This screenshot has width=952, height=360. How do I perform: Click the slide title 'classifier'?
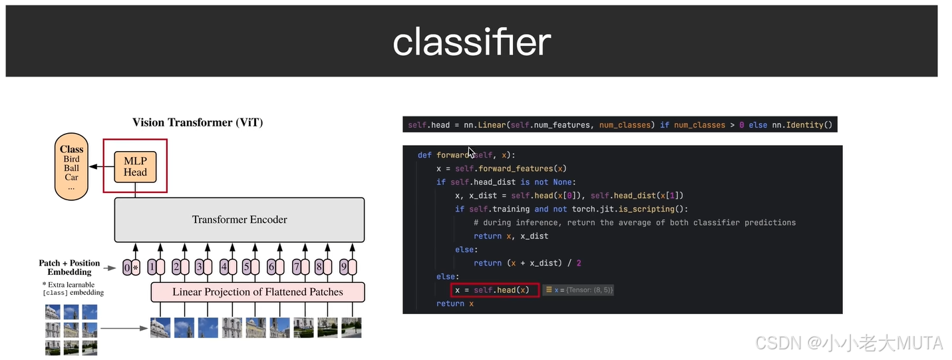pos(472,42)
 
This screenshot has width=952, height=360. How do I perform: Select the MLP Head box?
pos(135,166)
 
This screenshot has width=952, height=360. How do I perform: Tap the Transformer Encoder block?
pos(239,220)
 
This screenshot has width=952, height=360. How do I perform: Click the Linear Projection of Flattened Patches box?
pos(257,292)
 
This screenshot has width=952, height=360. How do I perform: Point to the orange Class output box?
pos(72,168)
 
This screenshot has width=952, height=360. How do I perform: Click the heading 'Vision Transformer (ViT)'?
pos(198,122)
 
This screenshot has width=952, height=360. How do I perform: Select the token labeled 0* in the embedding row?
pos(130,268)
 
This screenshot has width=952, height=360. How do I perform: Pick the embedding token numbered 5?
pos(249,268)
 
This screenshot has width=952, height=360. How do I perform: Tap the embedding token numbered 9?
pos(347,268)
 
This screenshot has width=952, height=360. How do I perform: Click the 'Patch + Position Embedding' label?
pos(69,268)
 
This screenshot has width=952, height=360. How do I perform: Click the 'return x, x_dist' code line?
pos(511,236)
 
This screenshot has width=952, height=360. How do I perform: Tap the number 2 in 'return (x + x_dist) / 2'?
pos(579,263)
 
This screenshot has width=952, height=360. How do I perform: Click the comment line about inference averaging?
pos(635,222)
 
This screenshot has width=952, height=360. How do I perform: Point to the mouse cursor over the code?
pos(471,152)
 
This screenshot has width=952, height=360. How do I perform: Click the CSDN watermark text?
pos(848,343)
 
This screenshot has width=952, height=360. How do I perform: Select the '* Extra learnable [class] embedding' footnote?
pos(73,289)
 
